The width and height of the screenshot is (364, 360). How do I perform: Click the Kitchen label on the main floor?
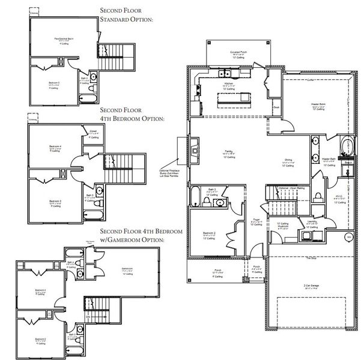228,83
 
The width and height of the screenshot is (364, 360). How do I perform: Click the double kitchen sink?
232,74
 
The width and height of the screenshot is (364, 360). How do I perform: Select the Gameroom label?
127,268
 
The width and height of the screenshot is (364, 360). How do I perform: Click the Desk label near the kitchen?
277,108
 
